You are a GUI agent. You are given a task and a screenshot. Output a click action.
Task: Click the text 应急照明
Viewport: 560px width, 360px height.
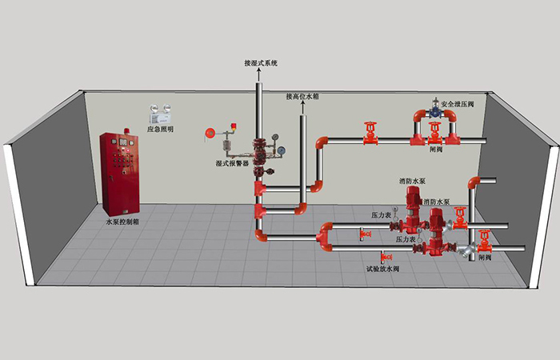pyautogui.click(x=160, y=129)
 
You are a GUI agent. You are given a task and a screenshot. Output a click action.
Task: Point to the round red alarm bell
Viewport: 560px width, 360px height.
pyautogui.click(x=210, y=132)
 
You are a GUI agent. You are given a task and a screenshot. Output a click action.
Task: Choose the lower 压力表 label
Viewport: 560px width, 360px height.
pyautogui.click(x=406, y=239)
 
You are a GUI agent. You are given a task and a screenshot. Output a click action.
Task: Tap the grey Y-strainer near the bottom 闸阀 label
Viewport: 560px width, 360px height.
pyautogui.click(x=484, y=245)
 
